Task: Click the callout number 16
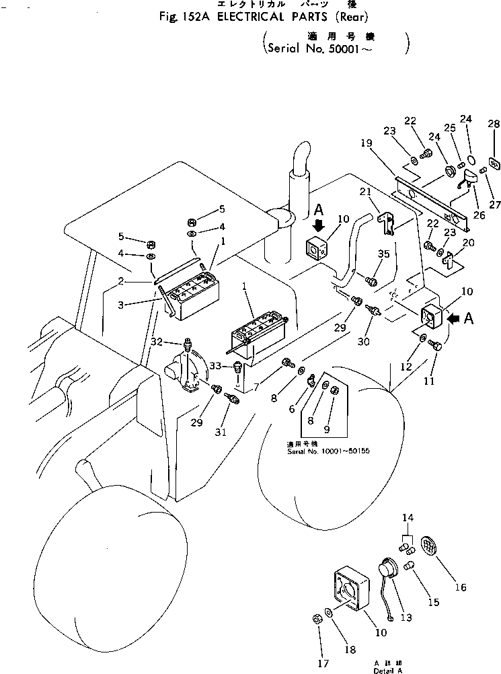[460, 587]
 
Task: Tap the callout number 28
[494, 124]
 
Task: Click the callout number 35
[383, 254]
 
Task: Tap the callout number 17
[324, 663]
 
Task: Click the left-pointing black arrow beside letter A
[453, 319]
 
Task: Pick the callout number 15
[434, 602]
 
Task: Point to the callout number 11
[428, 381]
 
